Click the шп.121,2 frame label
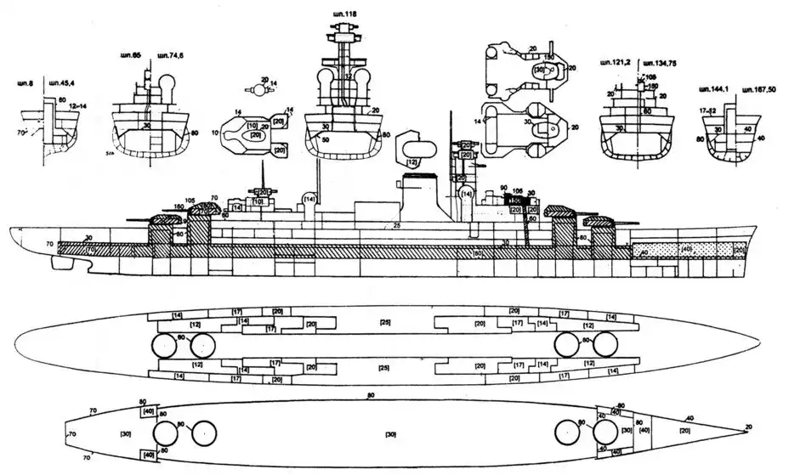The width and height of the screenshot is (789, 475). coord(613,63)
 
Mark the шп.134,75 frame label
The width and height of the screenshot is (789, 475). coord(662,63)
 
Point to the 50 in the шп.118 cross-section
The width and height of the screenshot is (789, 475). coord(326,139)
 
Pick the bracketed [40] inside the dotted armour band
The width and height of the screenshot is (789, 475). coord(688,252)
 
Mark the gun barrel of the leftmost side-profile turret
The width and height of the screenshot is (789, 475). coord(134,218)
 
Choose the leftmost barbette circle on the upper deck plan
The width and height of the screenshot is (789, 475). coord(162,345)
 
